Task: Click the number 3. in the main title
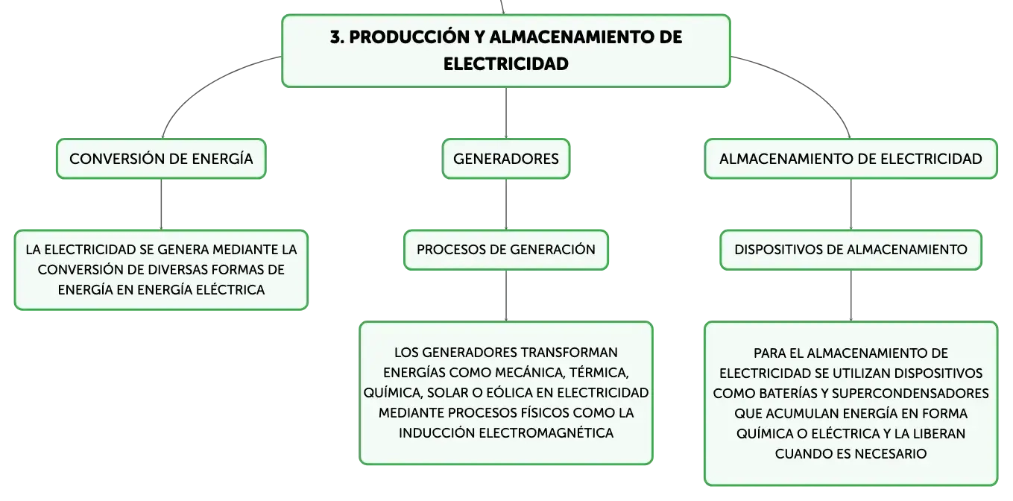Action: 337,37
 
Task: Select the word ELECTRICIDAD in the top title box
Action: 505,64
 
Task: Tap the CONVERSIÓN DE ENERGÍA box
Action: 161,159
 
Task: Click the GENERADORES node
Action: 505,159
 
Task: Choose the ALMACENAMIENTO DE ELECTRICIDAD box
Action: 851,159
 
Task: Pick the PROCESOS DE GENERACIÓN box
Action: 505,250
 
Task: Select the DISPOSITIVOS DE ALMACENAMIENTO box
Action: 851,250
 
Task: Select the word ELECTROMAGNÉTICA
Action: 546,432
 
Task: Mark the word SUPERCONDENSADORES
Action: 910,394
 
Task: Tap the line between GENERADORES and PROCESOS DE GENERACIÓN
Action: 505,204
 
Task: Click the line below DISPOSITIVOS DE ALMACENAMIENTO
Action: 851,296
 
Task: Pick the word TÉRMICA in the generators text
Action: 599,373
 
